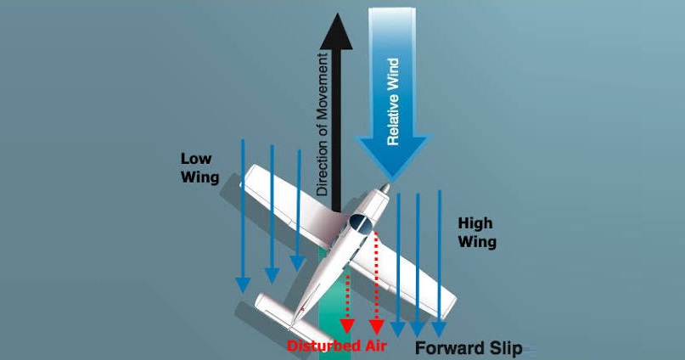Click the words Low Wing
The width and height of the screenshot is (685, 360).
(199, 168)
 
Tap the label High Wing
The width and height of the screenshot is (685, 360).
(477, 233)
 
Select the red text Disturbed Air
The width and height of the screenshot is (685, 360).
(337, 346)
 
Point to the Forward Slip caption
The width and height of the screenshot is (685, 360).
(469, 348)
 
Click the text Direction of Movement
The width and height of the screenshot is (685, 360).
(323, 125)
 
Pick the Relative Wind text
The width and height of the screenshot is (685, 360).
(393, 101)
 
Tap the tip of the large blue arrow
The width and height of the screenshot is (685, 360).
(392, 181)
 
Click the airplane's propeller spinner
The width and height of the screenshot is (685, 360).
(385, 188)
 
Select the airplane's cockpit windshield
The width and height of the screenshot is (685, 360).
(361, 224)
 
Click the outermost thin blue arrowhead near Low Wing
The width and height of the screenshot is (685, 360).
(243, 284)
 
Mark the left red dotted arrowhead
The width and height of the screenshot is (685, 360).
(347, 326)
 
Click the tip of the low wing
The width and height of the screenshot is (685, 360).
(247, 175)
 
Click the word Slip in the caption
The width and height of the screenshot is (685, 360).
(505, 349)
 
